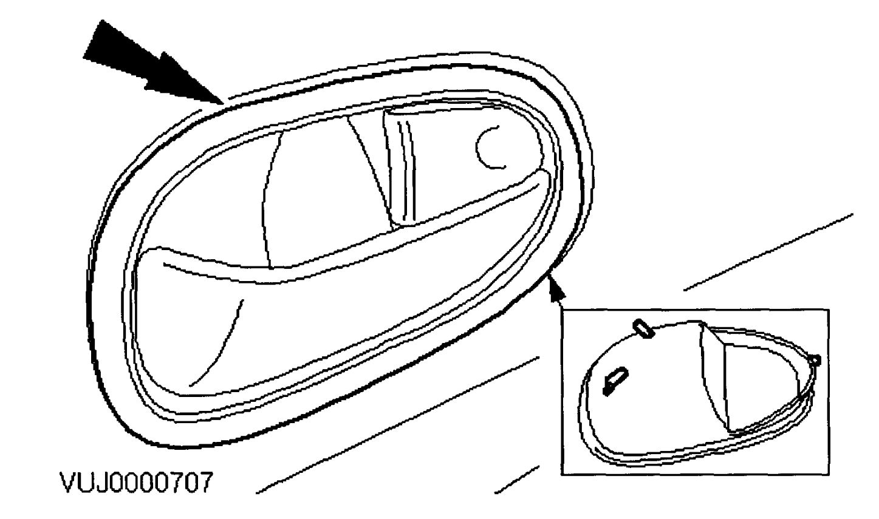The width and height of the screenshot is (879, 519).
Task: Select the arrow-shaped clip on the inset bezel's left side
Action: pyautogui.click(x=615, y=381)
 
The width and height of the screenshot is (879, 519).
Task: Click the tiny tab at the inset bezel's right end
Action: pyautogui.click(x=816, y=361)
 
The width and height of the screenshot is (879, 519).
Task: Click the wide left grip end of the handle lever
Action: pyautogui.click(x=176, y=316)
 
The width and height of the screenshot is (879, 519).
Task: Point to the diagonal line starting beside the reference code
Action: pyautogui.click(x=395, y=425)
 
